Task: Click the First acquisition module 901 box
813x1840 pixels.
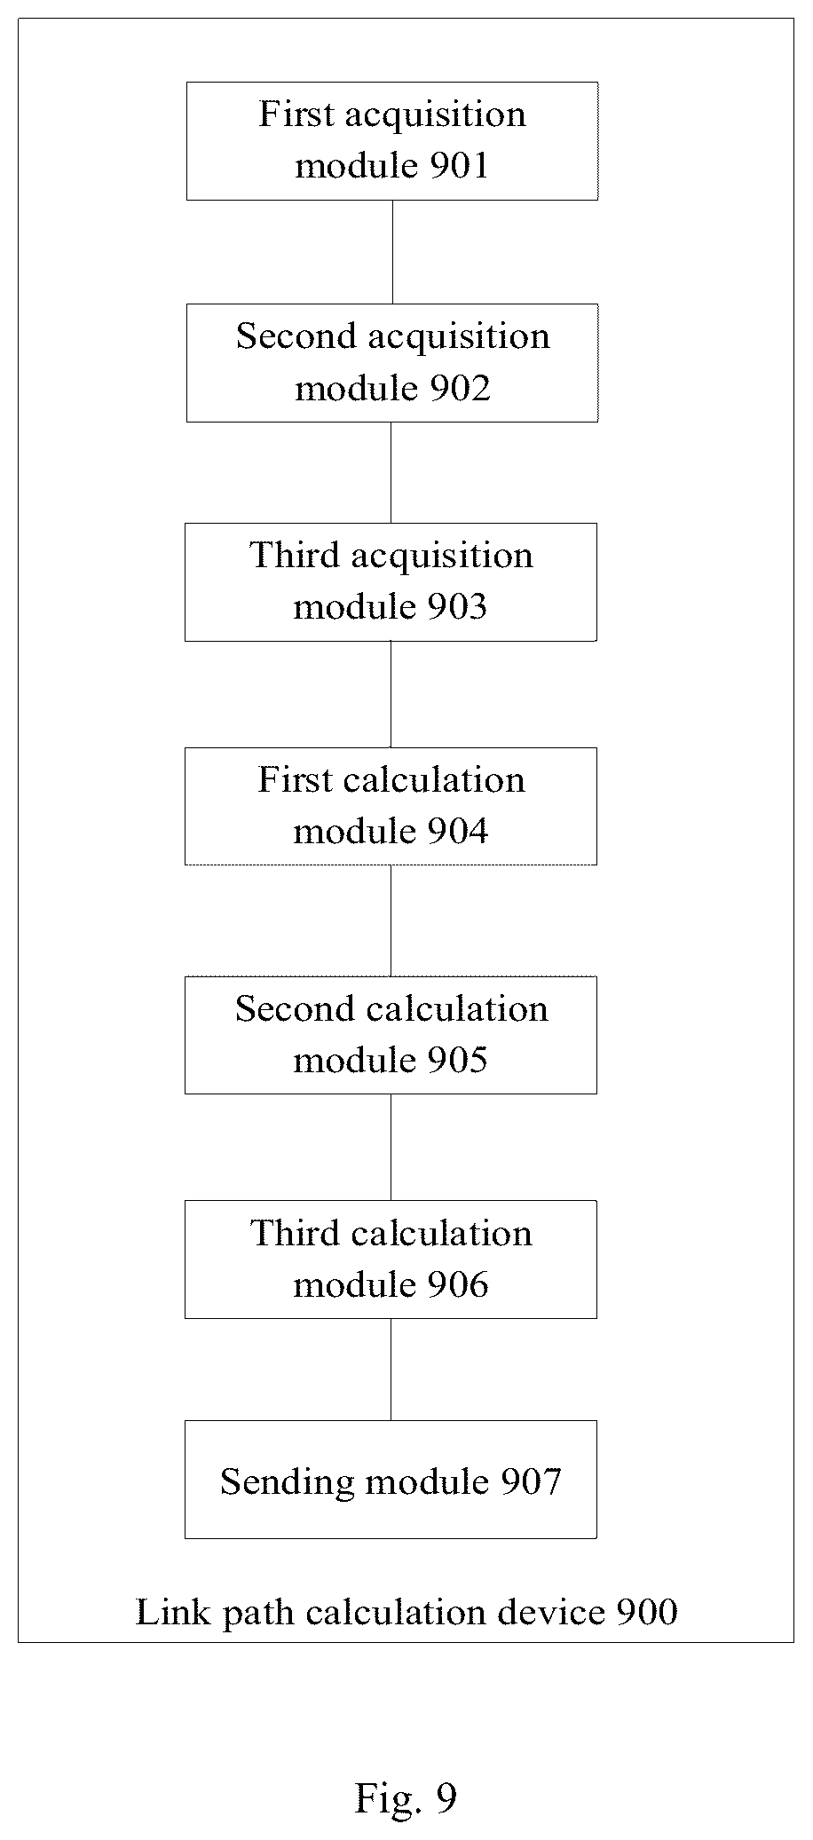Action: pos(391,141)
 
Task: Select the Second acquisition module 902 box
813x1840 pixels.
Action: pos(391,363)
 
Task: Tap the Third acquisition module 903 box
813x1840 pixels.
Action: pos(391,582)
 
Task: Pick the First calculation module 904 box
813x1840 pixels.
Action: pos(391,806)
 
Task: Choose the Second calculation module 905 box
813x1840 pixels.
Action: pos(391,1035)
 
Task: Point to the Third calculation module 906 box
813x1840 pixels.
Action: pos(391,1260)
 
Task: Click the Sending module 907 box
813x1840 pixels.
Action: pos(391,1480)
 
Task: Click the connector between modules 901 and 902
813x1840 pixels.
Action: pos(392,252)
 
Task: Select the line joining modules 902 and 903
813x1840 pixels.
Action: pos(391,473)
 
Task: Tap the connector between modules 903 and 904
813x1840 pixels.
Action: pos(391,694)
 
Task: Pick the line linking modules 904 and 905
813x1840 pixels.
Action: pos(391,920)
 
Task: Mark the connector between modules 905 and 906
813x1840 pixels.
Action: pos(391,1148)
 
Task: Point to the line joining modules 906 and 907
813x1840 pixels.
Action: pos(391,1370)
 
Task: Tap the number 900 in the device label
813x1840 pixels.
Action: pos(646,1612)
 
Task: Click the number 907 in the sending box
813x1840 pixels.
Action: pos(531,1481)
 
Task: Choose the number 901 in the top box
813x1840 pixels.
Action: pos(458,166)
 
